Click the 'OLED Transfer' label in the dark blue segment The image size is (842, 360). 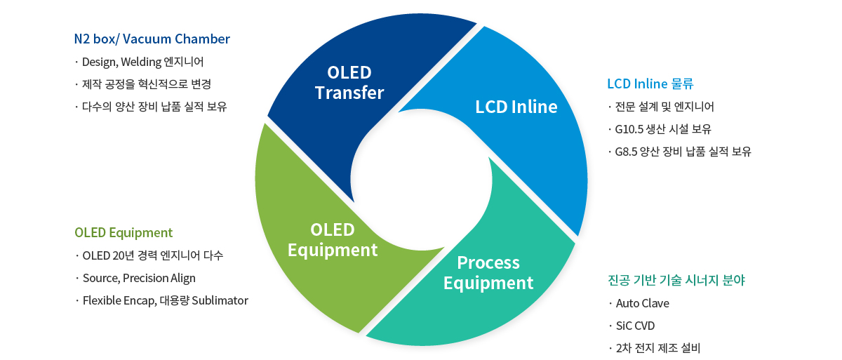coord(349,83)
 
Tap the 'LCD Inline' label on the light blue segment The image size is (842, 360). coord(516,107)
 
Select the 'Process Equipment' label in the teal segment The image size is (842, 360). coord(488,273)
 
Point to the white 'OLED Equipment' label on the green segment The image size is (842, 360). coord(333,240)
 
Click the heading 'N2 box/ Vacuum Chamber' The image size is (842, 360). coord(152,39)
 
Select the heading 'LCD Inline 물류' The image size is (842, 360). coord(650,84)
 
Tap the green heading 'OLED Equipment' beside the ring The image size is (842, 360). coord(123,232)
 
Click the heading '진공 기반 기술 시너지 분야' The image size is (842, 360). coord(676,280)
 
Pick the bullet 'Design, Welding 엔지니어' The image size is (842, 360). coord(143,62)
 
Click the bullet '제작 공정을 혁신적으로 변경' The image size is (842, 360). coord(147,84)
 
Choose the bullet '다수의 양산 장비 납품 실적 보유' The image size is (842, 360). coord(154,107)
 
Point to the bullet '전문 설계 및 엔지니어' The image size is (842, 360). coord(664,107)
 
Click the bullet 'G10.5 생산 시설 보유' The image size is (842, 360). coord(663,129)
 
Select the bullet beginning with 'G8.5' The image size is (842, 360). coord(683,152)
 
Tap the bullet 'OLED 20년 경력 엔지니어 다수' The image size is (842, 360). coord(153,255)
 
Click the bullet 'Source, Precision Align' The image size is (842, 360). coord(139,278)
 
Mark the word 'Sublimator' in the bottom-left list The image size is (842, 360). coord(220,300)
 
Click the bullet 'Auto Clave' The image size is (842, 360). coord(643,303)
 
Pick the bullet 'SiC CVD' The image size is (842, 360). coord(635,326)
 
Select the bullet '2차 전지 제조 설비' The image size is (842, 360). coord(658,348)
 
